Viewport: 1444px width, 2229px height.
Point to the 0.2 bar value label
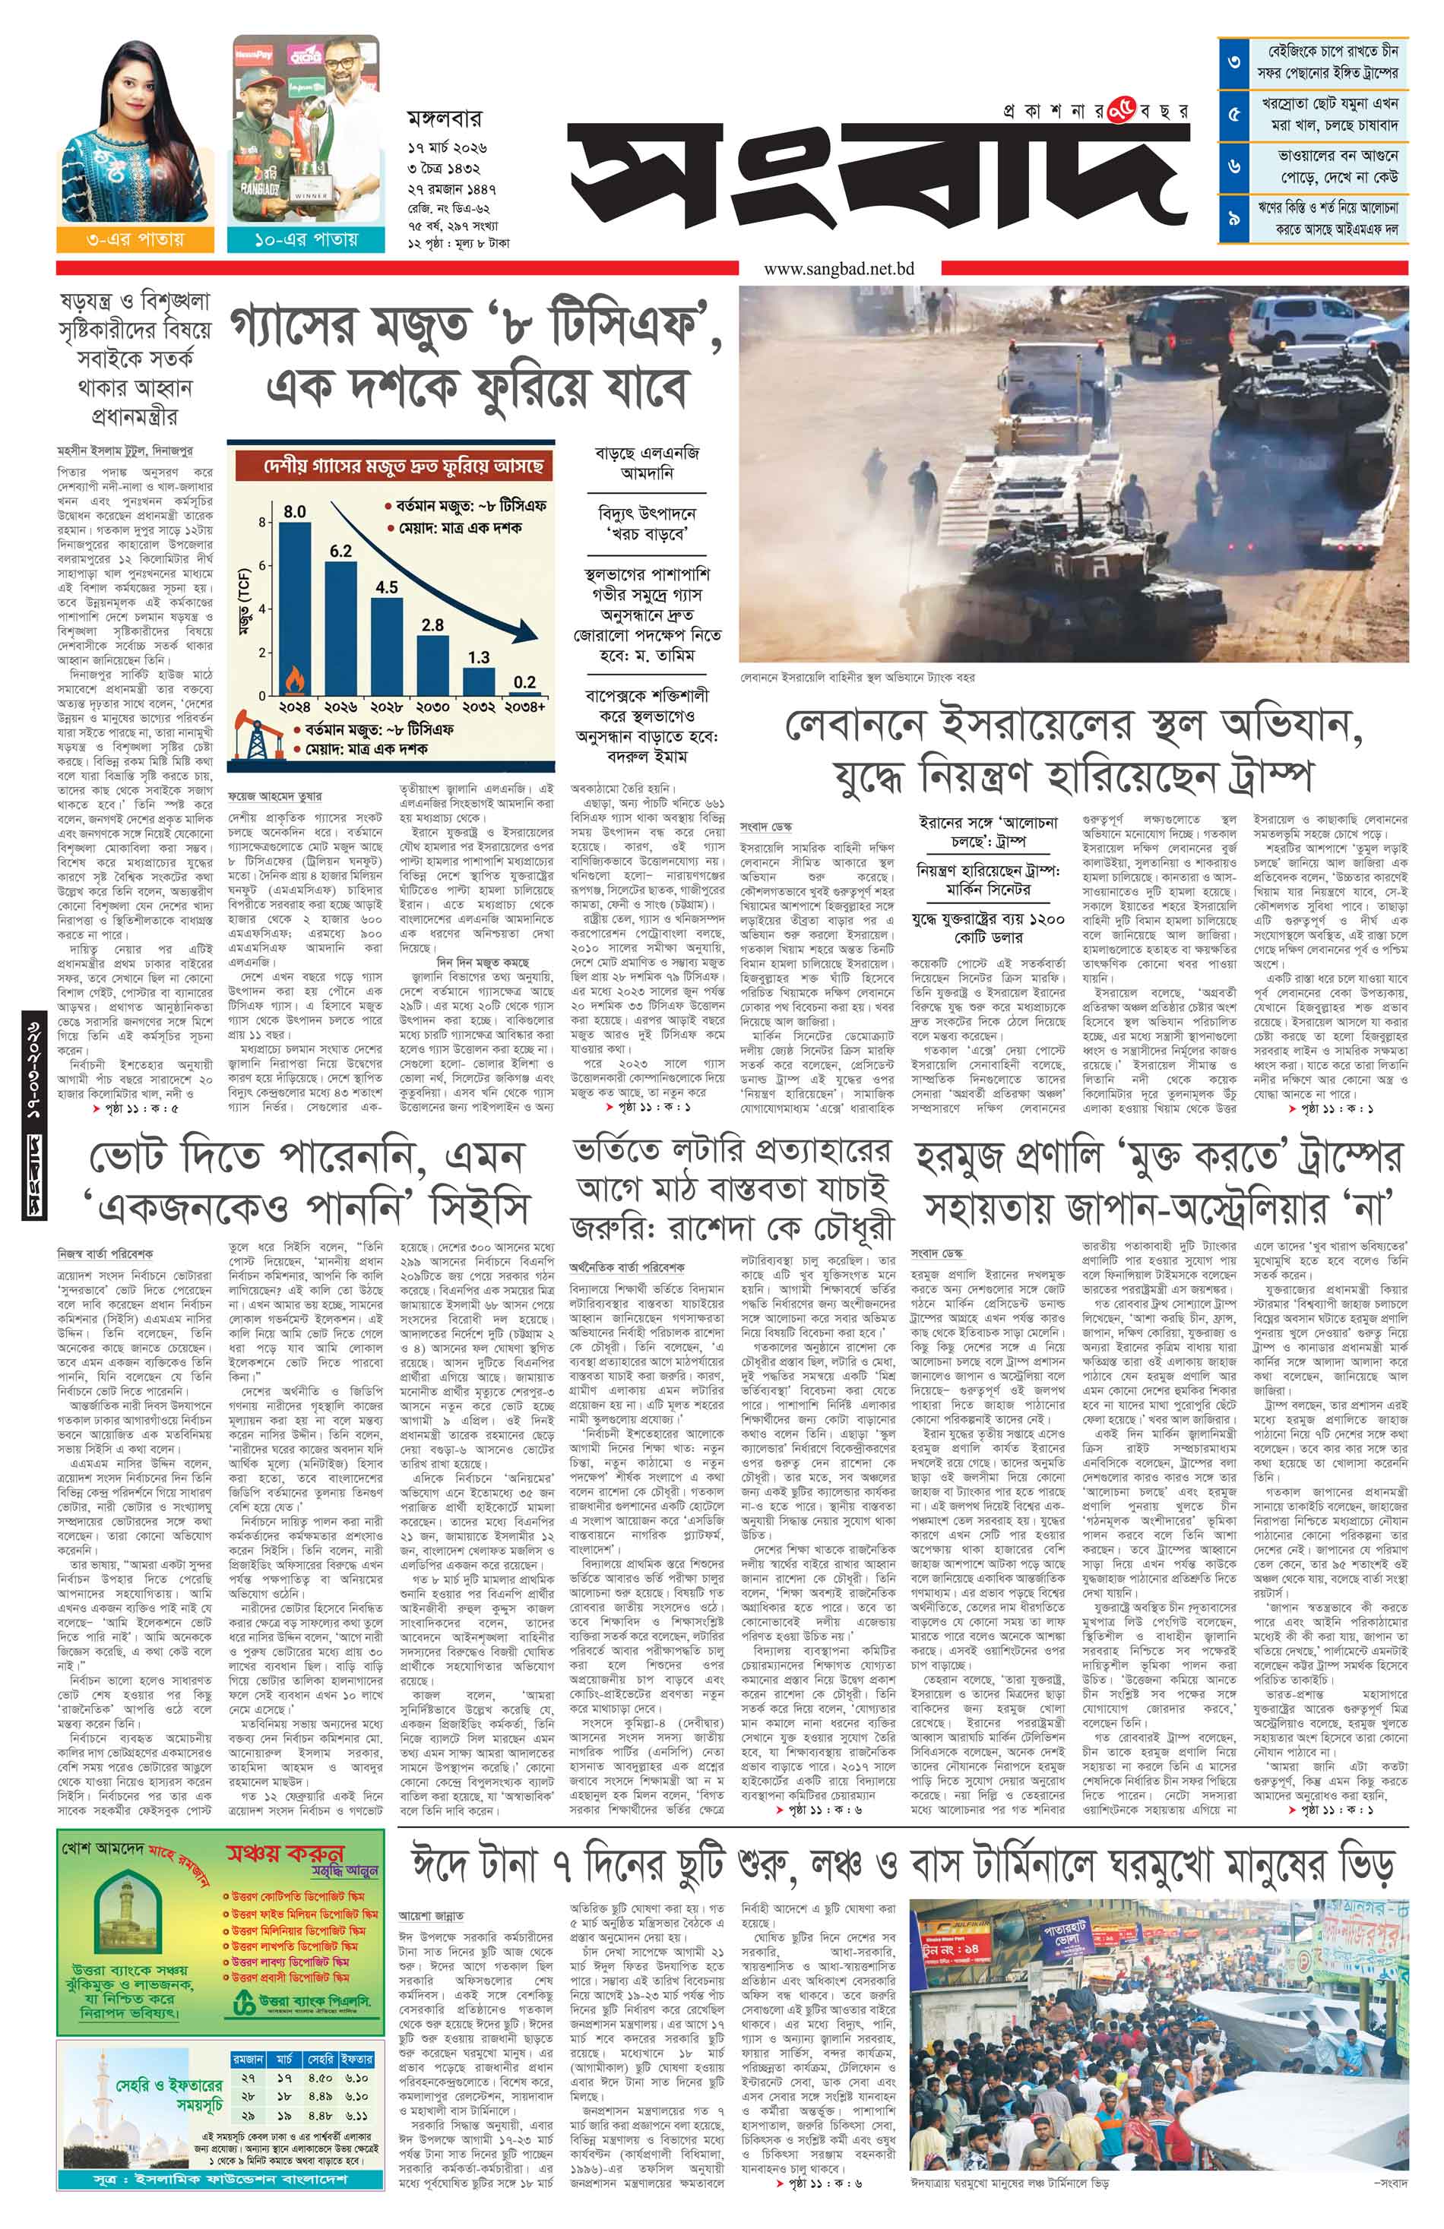524,681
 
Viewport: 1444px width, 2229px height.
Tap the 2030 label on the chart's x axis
432,707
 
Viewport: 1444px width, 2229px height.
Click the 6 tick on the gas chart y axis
263,564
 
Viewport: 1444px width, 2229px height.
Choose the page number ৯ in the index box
1234,217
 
